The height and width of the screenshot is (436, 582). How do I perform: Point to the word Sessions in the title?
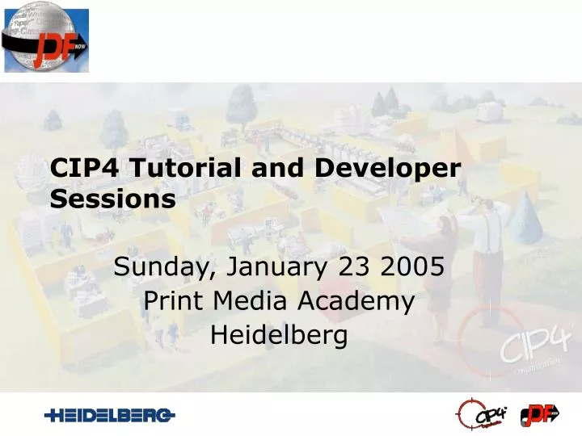113,199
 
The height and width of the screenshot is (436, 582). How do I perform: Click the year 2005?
415,266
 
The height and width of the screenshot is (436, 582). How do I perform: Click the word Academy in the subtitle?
356,300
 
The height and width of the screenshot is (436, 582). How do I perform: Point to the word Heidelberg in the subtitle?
279,334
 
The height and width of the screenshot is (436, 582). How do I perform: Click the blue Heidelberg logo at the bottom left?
110,415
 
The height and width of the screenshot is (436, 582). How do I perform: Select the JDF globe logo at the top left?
46,40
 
